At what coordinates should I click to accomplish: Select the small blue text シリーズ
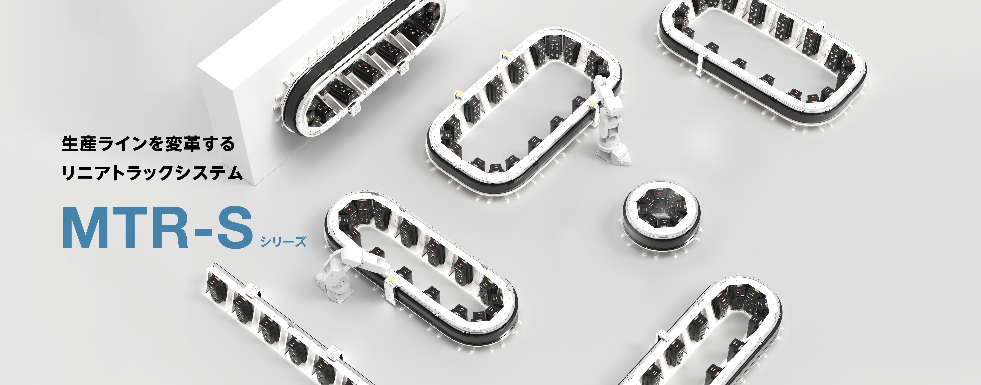(283, 241)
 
